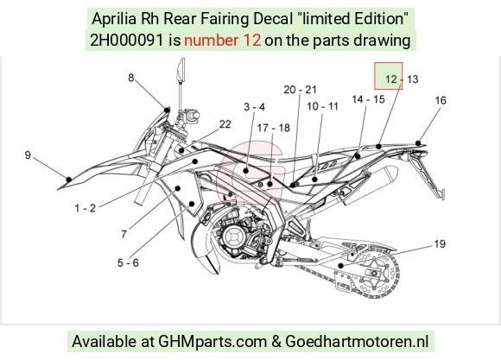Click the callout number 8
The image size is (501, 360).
coord(131,78)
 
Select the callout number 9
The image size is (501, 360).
coord(28,155)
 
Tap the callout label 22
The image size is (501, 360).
coord(225,124)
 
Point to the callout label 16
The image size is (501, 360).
coord(441,100)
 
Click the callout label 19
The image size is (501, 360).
coord(440,244)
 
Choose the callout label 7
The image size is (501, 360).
coord(124,235)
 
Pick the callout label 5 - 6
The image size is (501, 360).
coord(128,263)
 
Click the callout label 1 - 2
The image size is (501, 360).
coord(85,208)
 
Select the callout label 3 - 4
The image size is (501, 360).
coord(254,107)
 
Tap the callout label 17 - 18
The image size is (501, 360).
coord(274,128)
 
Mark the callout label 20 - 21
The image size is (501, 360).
coord(300,90)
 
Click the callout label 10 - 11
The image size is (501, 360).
coord(322,106)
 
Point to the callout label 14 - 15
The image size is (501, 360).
coord(368,99)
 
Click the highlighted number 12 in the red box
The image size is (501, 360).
coord(390,79)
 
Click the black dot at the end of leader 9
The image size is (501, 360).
coord(69,180)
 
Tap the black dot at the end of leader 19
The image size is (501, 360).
coord(341,265)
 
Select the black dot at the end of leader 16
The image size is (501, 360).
coord(418,143)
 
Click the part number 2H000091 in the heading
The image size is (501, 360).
coord(127,41)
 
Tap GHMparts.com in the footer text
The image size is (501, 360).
coord(212,342)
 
